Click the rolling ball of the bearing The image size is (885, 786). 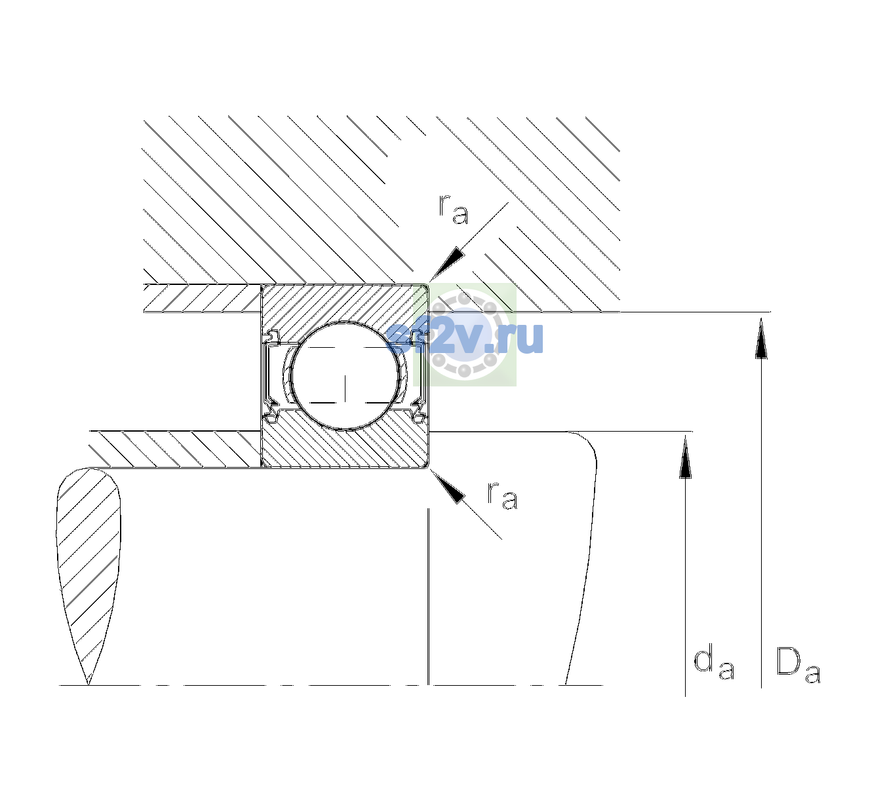point(345,375)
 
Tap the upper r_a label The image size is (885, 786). point(454,210)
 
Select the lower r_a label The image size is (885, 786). point(502,496)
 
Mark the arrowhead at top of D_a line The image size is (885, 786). point(761,338)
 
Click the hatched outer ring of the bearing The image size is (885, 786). point(345,305)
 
